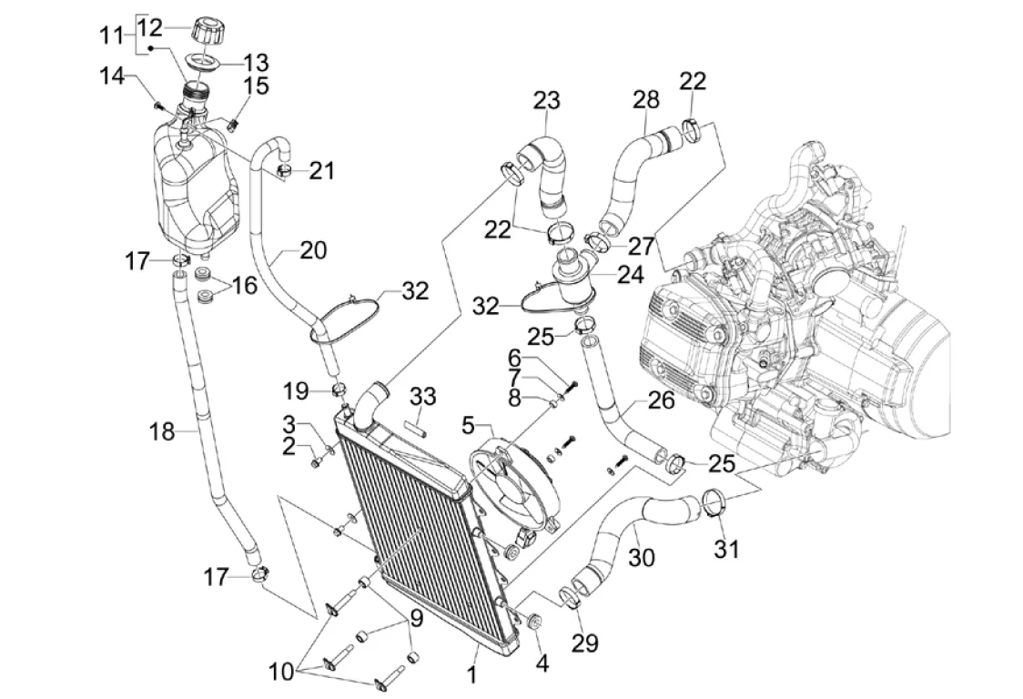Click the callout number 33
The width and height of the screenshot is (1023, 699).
(x=423, y=397)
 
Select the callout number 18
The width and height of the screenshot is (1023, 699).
(x=162, y=431)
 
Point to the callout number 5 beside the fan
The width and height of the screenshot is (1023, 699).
(x=468, y=426)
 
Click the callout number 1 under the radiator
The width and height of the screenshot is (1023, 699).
(x=471, y=674)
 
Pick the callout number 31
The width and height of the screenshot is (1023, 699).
(x=727, y=549)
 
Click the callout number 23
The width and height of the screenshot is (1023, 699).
(x=546, y=101)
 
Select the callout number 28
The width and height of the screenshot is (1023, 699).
(x=646, y=100)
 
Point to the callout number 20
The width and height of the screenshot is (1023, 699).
(x=313, y=250)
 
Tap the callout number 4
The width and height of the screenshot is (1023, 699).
(x=542, y=664)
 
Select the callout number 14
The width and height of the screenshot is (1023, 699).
(x=112, y=76)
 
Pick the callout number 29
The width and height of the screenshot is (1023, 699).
(x=584, y=643)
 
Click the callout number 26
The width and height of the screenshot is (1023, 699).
(x=660, y=400)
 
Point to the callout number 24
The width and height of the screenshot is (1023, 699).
(x=630, y=275)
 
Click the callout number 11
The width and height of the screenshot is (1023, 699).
(x=112, y=35)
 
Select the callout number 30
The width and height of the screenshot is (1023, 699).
(x=642, y=558)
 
